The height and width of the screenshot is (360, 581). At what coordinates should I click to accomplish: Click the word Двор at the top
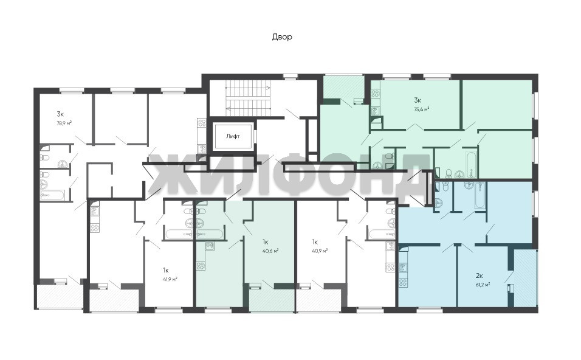click(282, 36)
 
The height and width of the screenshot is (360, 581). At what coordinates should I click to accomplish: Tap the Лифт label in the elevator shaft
click(233, 136)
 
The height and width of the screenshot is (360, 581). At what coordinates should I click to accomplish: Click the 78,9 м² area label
click(64, 123)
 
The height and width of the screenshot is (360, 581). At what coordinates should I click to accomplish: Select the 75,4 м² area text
click(422, 109)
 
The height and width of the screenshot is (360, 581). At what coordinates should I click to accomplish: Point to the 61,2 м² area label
click(483, 285)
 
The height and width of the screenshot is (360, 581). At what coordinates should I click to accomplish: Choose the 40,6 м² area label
click(270, 251)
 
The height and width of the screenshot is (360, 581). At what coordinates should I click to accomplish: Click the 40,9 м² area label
click(320, 251)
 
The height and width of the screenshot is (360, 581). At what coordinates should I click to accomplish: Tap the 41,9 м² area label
click(170, 279)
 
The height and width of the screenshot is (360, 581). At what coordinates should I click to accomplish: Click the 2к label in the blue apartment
click(479, 275)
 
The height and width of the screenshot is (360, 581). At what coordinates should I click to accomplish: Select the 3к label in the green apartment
click(418, 100)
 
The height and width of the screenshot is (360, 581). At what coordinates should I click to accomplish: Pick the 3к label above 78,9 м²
click(60, 114)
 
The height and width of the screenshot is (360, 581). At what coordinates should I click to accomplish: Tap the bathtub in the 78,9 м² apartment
click(53, 195)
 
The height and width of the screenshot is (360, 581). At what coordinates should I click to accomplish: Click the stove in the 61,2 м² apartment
click(403, 283)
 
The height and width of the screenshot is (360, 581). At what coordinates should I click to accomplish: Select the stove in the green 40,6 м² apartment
click(201, 266)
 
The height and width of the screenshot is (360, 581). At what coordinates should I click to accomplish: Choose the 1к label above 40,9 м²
click(315, 242)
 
